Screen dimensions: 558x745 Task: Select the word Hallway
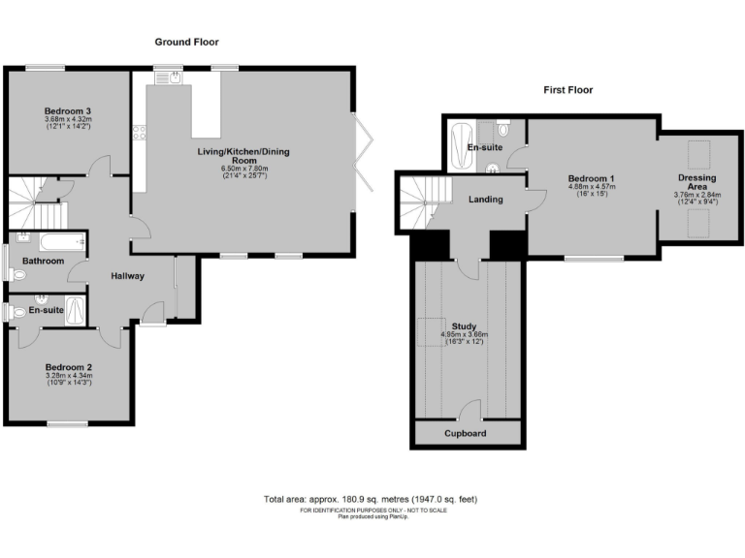coord(127,276)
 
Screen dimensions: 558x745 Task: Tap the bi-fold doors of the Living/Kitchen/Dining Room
coord(361,155)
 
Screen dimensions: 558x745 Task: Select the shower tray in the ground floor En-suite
coord(79,311)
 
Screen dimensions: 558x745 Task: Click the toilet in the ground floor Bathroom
coord(17,274)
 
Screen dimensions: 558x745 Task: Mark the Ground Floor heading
coord(187,42)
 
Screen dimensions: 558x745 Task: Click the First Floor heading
coord(567,90)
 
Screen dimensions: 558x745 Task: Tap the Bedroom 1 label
coord(591,179)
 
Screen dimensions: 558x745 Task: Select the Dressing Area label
coord(696,183)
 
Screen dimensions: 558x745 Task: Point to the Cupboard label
coord(466,433)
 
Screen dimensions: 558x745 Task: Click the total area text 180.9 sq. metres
coord(372,499)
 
